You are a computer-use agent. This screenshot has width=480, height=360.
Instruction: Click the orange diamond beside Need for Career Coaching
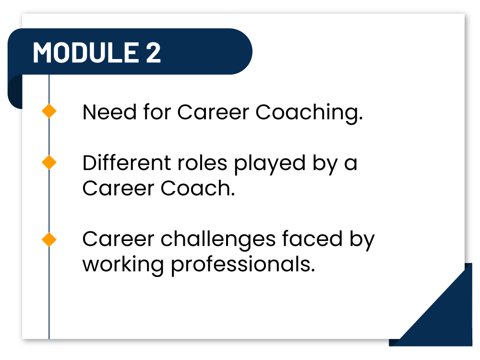coord(49,112)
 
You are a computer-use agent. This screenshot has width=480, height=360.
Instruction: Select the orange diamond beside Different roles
coord(49,163)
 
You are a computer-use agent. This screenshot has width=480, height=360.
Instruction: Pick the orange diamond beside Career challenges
coord(49,239)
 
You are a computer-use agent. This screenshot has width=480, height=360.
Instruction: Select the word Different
coord(123,163)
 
